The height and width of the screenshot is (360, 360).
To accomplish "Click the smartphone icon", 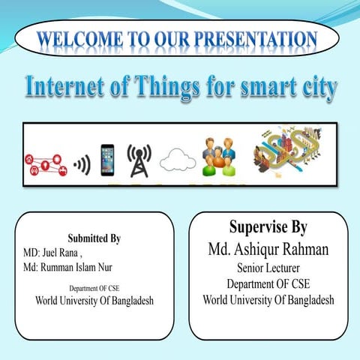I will point(107,160).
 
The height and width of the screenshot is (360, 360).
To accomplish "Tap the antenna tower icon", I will point(139,158).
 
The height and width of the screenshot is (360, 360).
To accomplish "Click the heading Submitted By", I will point(94,239).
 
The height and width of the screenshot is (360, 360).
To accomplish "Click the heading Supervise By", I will point(267,227).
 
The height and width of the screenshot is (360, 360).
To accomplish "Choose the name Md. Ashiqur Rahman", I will point(268,248).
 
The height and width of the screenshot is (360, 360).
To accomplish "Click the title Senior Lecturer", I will point(268,268).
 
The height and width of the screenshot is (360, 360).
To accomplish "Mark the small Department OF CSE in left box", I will point(94,287).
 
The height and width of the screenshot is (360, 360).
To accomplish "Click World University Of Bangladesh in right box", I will point(268,300).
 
